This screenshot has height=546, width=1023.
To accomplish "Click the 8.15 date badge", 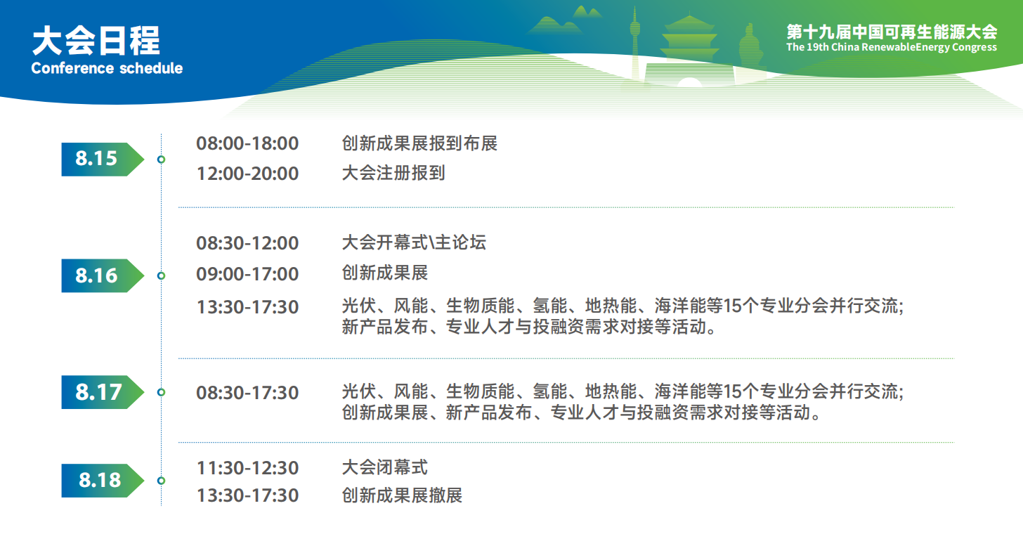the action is click(x=103, y=160).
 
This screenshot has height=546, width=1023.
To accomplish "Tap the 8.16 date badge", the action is click(x=103, y=275).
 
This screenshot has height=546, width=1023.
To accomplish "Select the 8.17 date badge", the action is click(x=103, y=392).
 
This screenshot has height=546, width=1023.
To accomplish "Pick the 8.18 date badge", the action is click(x=103, y=481).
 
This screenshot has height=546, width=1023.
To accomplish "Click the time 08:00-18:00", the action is click(x=247, y=143).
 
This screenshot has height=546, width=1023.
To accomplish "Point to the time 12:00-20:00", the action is click(x=247, y=174).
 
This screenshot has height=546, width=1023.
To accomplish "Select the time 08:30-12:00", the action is click(x=247, y=243).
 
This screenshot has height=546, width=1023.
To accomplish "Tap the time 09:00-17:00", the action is click(x=247, y=274).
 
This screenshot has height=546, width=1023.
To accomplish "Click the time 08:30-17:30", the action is click(x=247, y=393).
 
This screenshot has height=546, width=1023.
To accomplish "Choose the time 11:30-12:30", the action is click(x=247, y=468).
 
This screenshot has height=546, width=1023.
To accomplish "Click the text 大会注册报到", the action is click(x=393, y=173).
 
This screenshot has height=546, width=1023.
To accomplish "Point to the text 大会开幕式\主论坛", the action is click(x=415, y=242).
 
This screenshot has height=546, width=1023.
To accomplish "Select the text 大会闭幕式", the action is click(x=385, y=467).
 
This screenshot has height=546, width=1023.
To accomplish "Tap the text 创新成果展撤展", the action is click(x=403, y=495).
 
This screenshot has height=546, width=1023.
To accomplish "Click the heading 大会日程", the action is click(x=96, y=41).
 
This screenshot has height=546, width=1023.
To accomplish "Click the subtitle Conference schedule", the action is click(x=107, y=68).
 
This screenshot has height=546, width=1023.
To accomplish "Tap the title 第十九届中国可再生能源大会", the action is click(x=892, y=32).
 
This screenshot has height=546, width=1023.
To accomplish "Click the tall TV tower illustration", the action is click(x=635, y=46).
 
